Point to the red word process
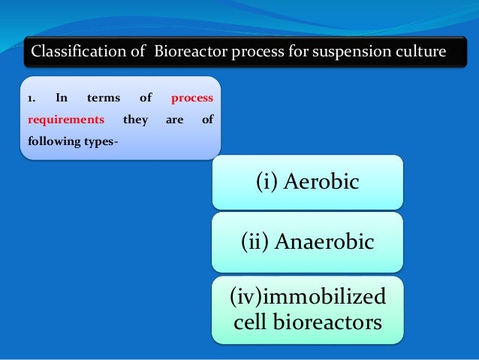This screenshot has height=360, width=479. click(x=192, y=98)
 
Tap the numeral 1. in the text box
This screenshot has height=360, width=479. click(x=31, y=98)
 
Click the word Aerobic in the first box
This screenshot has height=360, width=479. click(x=324, y=182)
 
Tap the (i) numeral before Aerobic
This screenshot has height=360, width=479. click(x=271, y=182)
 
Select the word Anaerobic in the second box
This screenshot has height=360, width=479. click(x=324, y=241)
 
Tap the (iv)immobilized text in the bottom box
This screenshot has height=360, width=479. click(x=308, y=298)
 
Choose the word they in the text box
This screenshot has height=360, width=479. click(x=135, y=119)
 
